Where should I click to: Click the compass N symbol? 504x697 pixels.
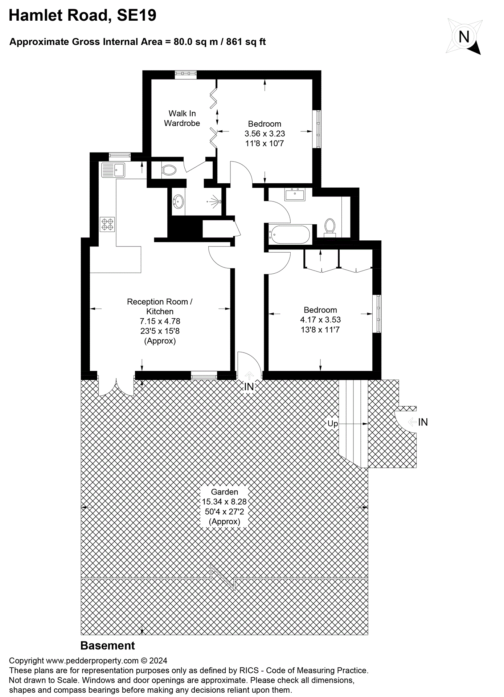(464, 37)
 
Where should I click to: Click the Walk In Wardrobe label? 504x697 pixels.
(182, 118)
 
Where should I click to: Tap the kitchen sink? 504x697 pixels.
(113, 170)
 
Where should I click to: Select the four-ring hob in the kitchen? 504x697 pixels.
(107, 224)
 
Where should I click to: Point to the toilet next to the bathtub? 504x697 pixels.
(329, 227)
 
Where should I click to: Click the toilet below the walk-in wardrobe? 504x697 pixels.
(169, 170)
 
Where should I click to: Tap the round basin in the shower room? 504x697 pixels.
(178, 202)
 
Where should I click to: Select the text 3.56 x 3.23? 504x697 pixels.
(265, 134)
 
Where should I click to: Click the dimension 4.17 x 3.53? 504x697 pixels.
(320, 320)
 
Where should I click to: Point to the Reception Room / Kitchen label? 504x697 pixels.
(160, 306)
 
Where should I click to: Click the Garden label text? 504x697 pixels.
(225, 492)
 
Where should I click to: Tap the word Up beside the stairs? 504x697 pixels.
(332, 424)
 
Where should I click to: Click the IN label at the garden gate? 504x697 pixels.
(423, 422)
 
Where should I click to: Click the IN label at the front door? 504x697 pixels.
(249, 387)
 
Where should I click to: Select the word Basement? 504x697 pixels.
(107, 646)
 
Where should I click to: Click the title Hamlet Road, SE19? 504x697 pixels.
(82, 15)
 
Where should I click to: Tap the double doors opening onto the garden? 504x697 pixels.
(116, 387)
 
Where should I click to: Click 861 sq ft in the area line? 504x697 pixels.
(246, 42)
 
